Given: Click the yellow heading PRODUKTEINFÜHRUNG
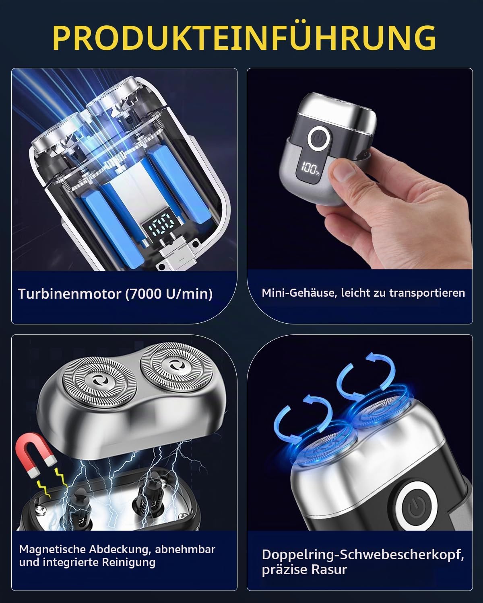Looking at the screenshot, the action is coord(244,38).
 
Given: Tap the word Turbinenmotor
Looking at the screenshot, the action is coord(70,294).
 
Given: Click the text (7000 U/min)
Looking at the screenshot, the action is coord(168,294).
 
